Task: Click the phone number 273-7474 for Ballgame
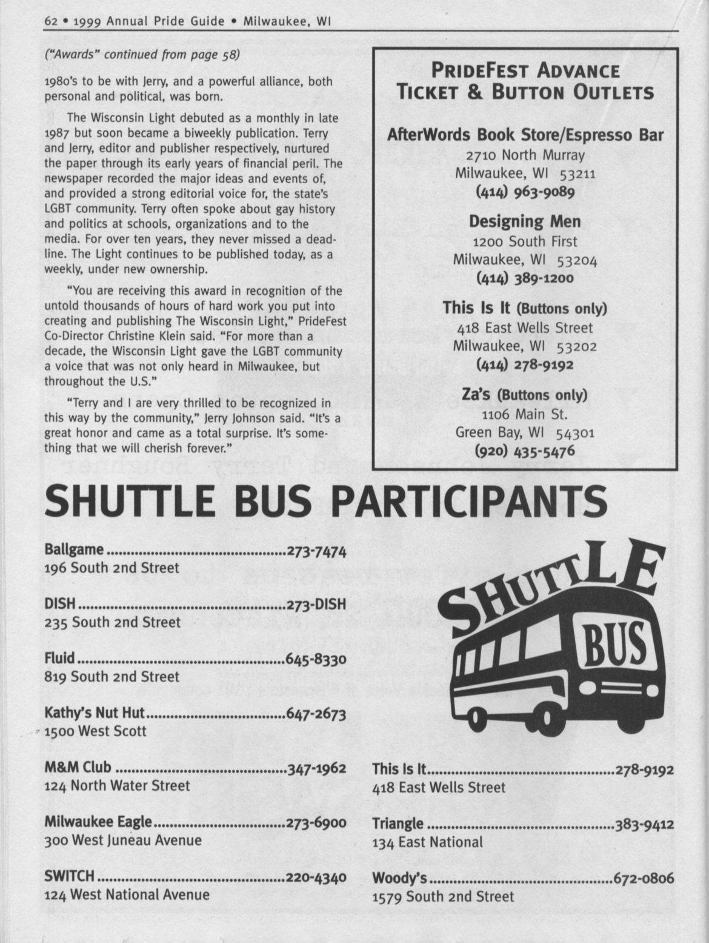(x=316, y=551)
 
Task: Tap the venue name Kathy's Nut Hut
(x=95, y=714)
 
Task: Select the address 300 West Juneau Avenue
(x=123, y=841)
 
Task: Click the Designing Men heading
(x=525, y=221)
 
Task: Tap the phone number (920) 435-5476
(x=525, y=451)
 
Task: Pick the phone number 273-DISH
(x=316, y=605)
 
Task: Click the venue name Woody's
(x=400, y=878)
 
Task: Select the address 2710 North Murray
(x=525, y=155)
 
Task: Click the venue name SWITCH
(x=70, y=876)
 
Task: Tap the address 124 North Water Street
(x=117, y=786)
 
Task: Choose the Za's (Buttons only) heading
(x=525, y=395)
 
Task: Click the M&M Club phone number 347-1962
(x=316, y=768)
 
